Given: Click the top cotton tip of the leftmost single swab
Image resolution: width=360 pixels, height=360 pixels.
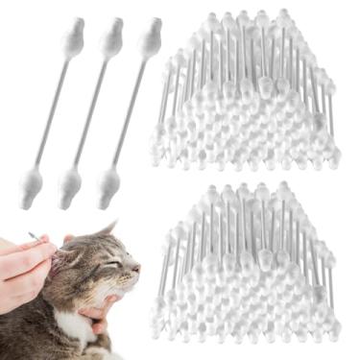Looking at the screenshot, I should coord(72,38).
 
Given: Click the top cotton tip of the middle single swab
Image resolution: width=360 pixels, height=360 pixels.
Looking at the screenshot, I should coord(110,39).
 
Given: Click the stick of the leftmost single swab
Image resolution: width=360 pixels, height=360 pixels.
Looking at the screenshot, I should coord(52,110).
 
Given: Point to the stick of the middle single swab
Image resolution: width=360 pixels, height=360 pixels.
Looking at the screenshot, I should coord(90,110).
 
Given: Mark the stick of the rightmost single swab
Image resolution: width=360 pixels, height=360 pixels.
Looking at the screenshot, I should coord(129,110).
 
